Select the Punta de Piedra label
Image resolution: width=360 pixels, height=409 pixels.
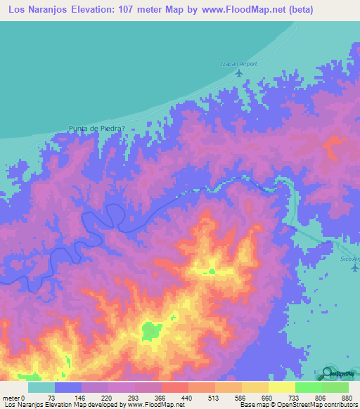97,128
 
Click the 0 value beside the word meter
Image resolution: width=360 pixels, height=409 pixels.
22,397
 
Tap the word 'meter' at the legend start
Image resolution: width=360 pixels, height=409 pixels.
11,397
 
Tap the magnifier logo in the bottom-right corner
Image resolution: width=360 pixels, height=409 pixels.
328,374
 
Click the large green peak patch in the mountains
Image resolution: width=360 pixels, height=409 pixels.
150,330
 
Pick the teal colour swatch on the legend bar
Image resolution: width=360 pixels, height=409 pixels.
41,387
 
